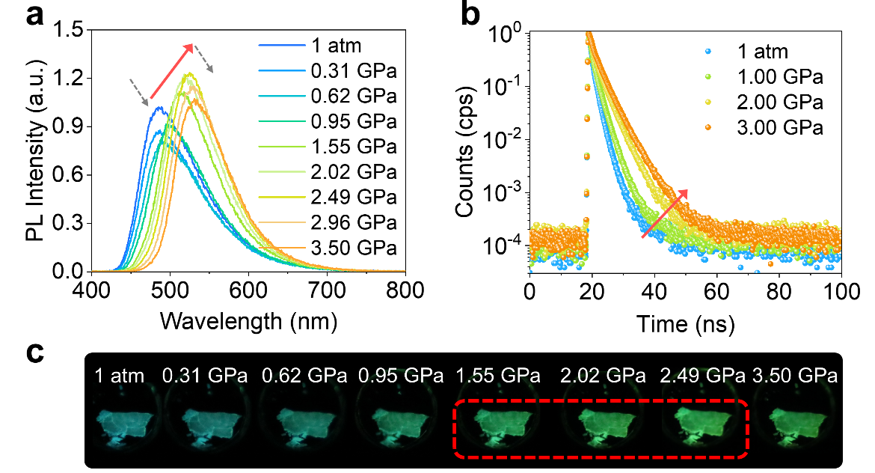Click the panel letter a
pos(35,15)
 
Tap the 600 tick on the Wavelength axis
pos(248,287)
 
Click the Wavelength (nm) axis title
pos(248,320)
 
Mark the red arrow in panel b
pos(665,214)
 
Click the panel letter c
pos(35,353)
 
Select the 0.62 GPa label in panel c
pos(304,374)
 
